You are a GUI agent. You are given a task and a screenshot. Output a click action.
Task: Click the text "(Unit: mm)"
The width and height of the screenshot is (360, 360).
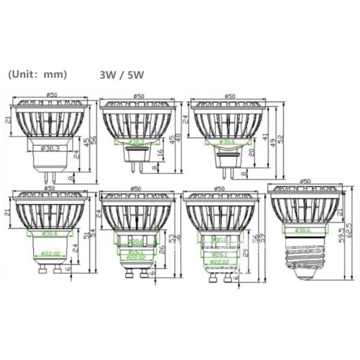pos(37,75)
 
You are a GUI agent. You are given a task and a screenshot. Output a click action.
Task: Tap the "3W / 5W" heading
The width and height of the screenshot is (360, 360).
pos(122,76)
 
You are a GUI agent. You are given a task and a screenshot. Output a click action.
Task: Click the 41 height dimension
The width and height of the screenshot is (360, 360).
pos(265,137)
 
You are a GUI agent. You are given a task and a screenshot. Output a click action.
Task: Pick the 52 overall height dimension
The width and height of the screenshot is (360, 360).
pos(281,139)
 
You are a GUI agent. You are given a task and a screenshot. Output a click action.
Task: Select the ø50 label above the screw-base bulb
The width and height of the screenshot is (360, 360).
pos(305,181)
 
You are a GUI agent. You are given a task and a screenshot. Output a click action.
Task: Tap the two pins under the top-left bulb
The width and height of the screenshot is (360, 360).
pos(49,175)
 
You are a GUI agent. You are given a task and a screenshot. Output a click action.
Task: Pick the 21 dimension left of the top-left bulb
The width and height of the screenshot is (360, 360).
pos(8,121)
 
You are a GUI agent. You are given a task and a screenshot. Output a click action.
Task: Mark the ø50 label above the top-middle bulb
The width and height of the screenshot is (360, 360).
pos(139,96)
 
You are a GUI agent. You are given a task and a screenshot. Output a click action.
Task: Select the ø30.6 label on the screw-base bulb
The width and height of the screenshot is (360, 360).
pos(307,230)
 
